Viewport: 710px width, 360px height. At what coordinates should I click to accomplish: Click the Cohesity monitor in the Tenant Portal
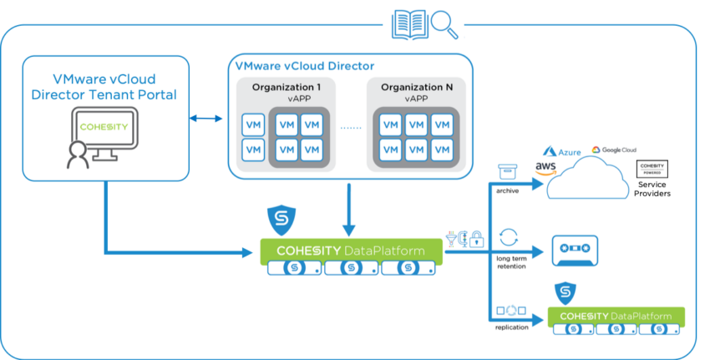tap(104, 132)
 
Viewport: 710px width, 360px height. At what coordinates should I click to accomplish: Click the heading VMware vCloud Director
tap(306, 65)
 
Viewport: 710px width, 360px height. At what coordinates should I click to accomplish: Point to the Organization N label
tap(415, 86)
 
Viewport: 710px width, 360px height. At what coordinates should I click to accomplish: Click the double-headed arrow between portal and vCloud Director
tap(205, 120)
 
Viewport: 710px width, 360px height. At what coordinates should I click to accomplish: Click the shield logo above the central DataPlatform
tap(278, 219)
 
